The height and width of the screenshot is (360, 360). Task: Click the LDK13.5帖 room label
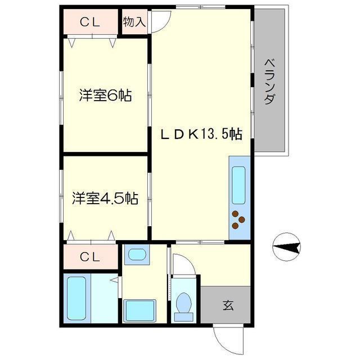pyautogui.click(x=201, y=134)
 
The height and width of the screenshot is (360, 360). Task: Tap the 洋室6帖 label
pyautogui.click(x=105, y=96)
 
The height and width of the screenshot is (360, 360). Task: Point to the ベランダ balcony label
pyautogui.click(x=269, y=83)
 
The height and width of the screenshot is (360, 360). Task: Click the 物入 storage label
pyautogui.click(x=135, y=22)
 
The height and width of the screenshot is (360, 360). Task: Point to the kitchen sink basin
pyautogui.click(x=239, y=186)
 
